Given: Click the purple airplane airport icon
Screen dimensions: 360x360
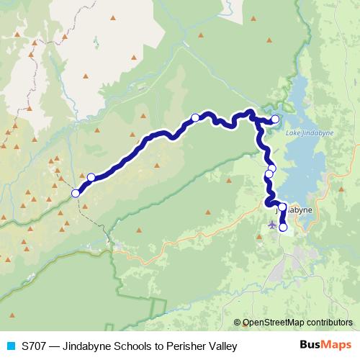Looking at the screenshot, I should click(x=271, y=224).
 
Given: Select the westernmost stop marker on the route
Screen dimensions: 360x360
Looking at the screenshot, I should click(x=76, y=193).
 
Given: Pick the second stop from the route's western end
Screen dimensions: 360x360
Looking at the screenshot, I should click(x=91, y=177).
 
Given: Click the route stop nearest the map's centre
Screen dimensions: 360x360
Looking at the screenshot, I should click(x=195, y=117).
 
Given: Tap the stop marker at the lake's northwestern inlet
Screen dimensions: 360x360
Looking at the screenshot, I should click(x=275, y=119).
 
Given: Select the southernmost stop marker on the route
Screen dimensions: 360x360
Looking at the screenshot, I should click(x=283, y=228).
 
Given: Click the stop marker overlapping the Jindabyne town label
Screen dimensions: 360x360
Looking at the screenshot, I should click(x=282, y=207).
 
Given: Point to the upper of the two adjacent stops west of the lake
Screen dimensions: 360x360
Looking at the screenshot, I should click(x=271, y=168).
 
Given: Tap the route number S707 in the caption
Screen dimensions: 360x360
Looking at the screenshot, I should click(x=33, y=346).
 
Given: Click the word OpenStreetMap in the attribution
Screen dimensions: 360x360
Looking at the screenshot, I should click(x=275, y=323).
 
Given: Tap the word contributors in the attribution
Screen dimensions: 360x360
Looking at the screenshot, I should click(x=330, y=323).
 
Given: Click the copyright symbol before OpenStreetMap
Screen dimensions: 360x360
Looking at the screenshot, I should click(x=238, y=323).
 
